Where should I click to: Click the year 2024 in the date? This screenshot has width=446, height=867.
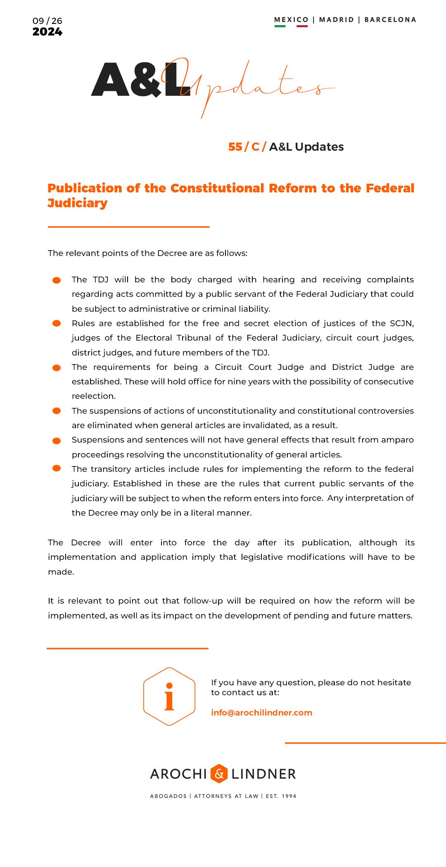pyautogui.click(x=47, y=32)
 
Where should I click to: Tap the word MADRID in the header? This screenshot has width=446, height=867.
pyautogui.click(x=337, y=19)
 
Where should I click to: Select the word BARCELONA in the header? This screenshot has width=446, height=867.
pyautogui.click(x=390, y=19)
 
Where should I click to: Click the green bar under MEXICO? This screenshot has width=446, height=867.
pyautogui.click(x=280, y=26)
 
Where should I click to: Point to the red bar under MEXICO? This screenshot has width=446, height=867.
pyautogui.click(x=302, y=26)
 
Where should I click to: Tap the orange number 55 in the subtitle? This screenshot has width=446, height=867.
pyautogui.click(x=235, y=147)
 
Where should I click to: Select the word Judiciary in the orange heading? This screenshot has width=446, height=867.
pyautogui.click(x=78, y=203)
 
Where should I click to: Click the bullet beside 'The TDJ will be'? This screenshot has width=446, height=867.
pyautogui.click(x=57, y=280)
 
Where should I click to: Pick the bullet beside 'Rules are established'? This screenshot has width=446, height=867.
pyautogui.click(x=57, y=323)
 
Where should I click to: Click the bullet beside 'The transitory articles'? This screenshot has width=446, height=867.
pyautogui.click(x=57, y=468)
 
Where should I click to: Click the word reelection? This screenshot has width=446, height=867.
pyautogui.click(x=94, y=396)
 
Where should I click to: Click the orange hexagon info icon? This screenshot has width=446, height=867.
pyautogui.click(x=169, y=696)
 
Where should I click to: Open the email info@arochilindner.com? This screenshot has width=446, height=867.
pyautogui.click(x=261, y=713)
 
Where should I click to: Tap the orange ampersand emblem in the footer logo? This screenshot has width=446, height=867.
pyautogui.click(x=219, y=774)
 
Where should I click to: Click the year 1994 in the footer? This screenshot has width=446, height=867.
pyautogui.click(x=289, y=796)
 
